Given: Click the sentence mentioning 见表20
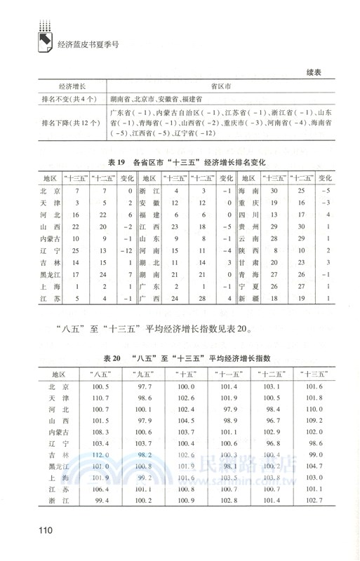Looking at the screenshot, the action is pyautogui.click(x=157, y=330).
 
